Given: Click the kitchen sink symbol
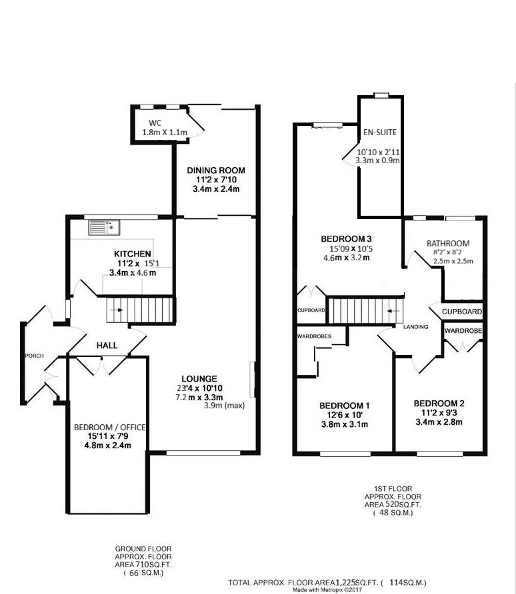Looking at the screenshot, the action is pyautogui.click(x=104, y=228).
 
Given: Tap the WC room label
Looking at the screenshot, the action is pyautogui.click(x=155, y=123).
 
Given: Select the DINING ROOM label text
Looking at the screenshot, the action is pyautogui.click(x=216, y=170).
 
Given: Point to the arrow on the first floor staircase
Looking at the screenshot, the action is pyautogui.click(x=391, y=311).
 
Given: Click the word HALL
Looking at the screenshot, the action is pyautogui.click(x=107, y=346).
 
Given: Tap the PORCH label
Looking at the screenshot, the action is pyautogui.click(x=35, y=356).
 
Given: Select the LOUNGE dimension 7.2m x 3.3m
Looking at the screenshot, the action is pyautogui.click(x=199, y=398).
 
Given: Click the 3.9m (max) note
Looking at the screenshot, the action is pyautogui.click(x=225, y=406).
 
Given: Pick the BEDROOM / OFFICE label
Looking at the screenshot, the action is pyautogui.click(x=109, y=428).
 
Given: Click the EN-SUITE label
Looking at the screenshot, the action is pyautogui.click(x=380, y=133).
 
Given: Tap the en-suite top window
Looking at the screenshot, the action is pyautogui.click(x=381, y=95).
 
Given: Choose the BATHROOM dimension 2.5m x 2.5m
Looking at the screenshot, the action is pyautogui.click(x=453, y=261).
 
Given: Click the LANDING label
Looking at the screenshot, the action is pyautogui.click(x=415, y=326).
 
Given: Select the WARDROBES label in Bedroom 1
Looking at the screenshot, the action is pyautogui.click(x=314, y=336).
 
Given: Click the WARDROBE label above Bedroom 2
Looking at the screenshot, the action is pyautogui.click(x=463, y=331).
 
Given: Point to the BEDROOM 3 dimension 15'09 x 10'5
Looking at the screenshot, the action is pyautogui.click(x=351, y=249).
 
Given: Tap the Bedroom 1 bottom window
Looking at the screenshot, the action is pyautogui.click(x=345, y=453).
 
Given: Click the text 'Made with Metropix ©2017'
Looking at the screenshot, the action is pyautogui.click(x=327, y=590).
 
